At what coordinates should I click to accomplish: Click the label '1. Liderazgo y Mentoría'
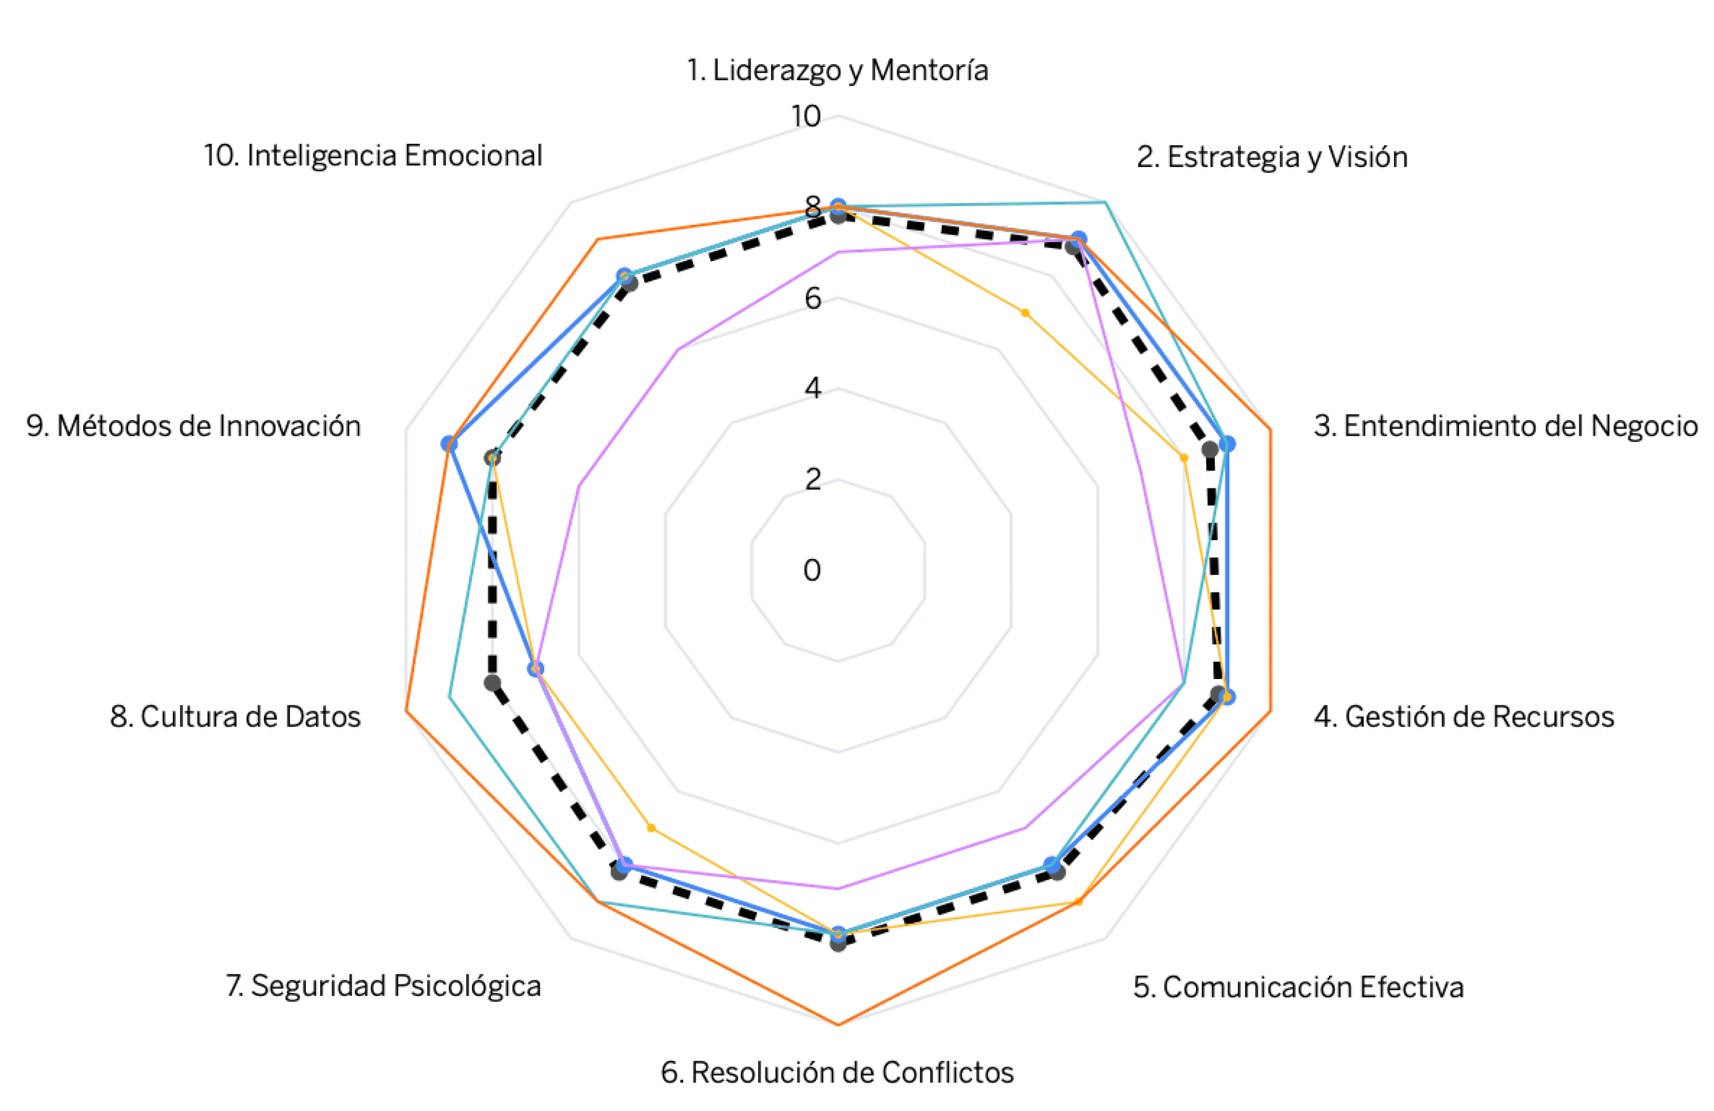click(837, 71)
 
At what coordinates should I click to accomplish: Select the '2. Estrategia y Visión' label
click(1272, 157)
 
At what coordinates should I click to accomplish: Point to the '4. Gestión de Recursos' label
click(1463, 717)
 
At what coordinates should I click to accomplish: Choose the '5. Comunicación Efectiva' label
click(1298, 986)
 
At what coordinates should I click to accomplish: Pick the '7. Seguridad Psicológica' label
click(383, 985)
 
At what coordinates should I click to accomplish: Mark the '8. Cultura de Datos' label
click(235, 717)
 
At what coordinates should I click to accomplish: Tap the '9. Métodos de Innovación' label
click(194, 426)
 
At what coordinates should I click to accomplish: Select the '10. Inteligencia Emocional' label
click(373, 156)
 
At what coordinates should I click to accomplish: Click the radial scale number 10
click(806, 116)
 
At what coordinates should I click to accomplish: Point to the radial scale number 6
click(813, 298)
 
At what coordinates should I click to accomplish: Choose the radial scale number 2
click(813, 479)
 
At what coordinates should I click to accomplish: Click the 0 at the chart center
click(812, 570)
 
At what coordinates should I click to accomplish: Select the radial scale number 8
click(813, 208)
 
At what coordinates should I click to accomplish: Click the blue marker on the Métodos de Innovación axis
click(449, 443)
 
